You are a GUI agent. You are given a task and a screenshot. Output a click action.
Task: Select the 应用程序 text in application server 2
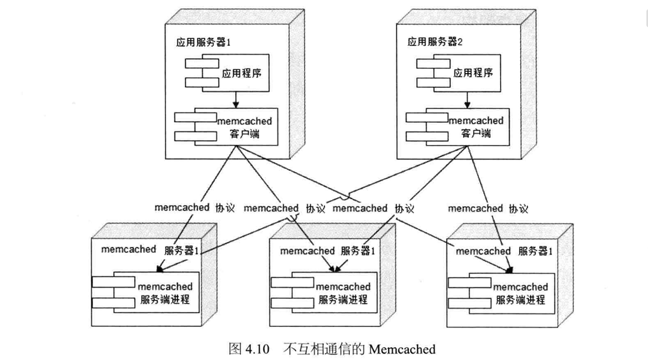pyautogui.click(x=473, y=73)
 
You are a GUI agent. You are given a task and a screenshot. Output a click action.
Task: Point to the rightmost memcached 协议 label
pyautogui.click(x=488, y=208)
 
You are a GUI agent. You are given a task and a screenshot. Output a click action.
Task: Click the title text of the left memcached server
pyautogui.click(x=150, y=249)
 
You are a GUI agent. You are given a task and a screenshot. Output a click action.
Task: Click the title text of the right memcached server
pyautogui.click(x=504, y=251)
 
